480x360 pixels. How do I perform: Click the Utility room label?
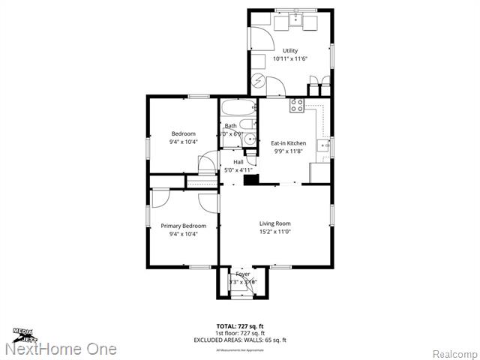289,51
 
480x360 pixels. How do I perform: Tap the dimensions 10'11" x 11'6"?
289,58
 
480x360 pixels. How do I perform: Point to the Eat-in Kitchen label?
288,142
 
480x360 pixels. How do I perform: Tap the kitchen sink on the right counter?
322,145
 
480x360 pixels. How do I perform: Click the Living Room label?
275,223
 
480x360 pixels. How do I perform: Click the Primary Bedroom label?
183,226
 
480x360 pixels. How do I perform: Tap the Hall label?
238,162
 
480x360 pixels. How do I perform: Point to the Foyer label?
242,274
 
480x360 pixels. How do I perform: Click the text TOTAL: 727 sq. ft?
241,326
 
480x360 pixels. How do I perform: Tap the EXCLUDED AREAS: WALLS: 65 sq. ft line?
241,340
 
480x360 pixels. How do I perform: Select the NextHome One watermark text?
60,349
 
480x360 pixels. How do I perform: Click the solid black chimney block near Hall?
253,180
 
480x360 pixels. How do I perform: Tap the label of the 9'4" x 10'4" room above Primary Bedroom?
182,133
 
